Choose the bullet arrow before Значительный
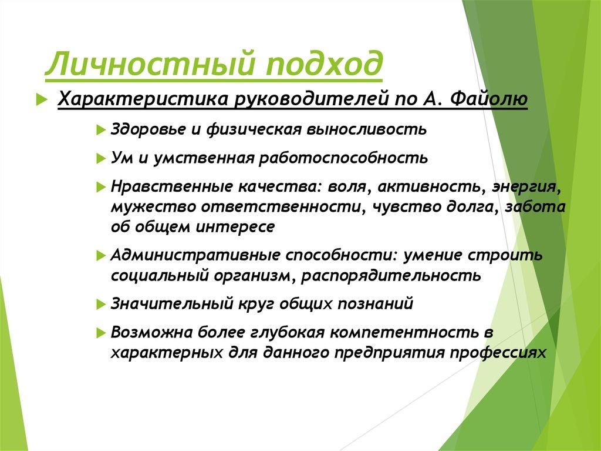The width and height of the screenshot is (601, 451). [x=100, y=305]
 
